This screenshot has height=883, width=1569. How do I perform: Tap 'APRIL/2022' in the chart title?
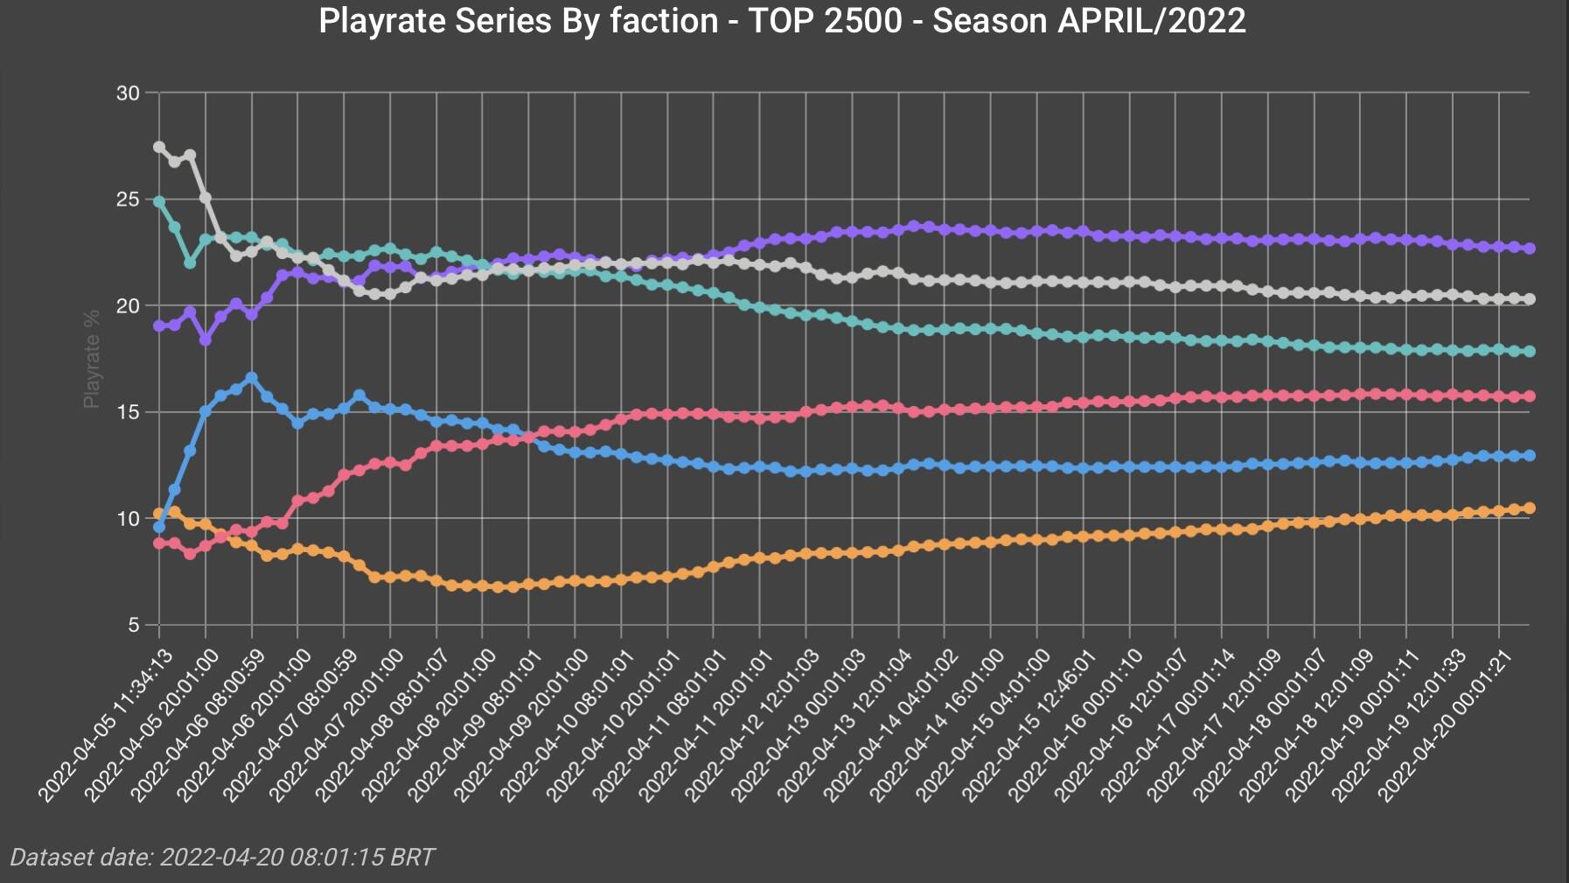pos(1151,20)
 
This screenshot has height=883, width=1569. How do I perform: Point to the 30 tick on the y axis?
pos(128,93)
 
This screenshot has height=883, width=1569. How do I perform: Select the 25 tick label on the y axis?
pos(128,200)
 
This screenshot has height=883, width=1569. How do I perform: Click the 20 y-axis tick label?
pos(128,305)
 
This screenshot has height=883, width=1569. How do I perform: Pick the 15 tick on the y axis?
pos(128,412)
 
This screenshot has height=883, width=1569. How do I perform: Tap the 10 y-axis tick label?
pos(128,519)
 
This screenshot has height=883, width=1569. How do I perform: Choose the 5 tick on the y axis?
pos(133,625)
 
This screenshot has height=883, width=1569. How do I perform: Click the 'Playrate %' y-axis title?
pos(91,358)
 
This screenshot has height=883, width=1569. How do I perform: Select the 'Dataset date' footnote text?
pos(221,857)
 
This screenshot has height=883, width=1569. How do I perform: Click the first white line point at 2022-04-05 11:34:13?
pos(159,147)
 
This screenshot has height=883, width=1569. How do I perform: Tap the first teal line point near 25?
pos(159,201)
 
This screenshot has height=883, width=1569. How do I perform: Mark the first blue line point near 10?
pos(159,527)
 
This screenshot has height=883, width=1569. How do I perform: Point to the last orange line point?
pos(1530,508)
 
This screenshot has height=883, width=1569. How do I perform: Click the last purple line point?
pos(1530,249)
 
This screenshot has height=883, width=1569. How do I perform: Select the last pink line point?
pos(1530,396)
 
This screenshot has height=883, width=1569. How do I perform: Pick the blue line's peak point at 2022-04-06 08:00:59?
pos(252,377)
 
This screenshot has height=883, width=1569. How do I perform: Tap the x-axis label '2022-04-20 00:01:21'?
pos(1444,725)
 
